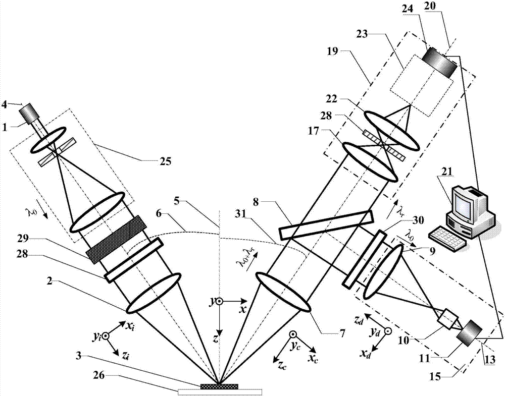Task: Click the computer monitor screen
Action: point(464,203)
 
